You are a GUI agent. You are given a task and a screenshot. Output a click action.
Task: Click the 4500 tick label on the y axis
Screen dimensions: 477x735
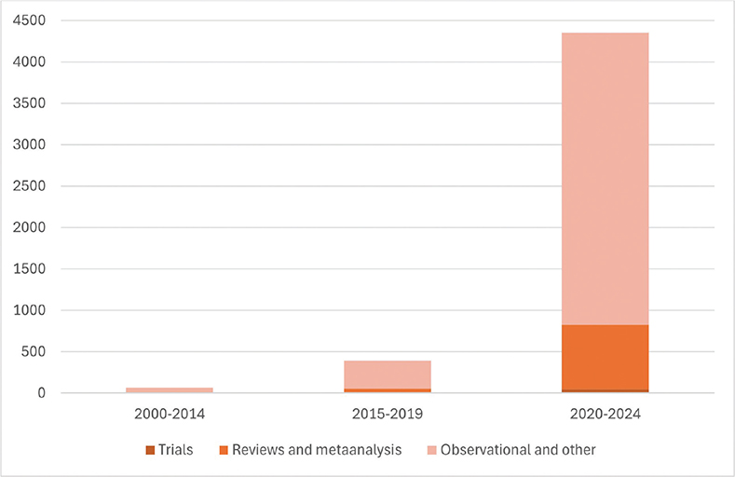click(x=47, y=20)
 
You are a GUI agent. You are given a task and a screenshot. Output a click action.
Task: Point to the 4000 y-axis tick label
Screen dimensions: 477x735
click(x=47, y=62)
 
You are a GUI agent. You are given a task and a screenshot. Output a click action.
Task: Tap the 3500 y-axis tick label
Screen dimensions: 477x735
click(x=47, y=103)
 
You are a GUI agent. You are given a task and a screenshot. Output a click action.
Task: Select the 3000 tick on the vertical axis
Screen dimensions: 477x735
click(x=47, y=144)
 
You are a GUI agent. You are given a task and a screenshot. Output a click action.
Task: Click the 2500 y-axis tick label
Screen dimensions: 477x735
click(x=47, y=186)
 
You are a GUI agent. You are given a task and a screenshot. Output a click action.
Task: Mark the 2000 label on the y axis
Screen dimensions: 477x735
click(x=47, y=227)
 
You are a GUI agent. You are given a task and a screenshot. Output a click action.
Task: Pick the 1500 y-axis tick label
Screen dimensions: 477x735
click(x=47, y=269)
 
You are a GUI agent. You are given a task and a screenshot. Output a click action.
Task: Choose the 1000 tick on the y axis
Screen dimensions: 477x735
click(x=47, y=310)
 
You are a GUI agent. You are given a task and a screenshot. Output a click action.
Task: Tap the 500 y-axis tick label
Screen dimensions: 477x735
click(x=50, y=352)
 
